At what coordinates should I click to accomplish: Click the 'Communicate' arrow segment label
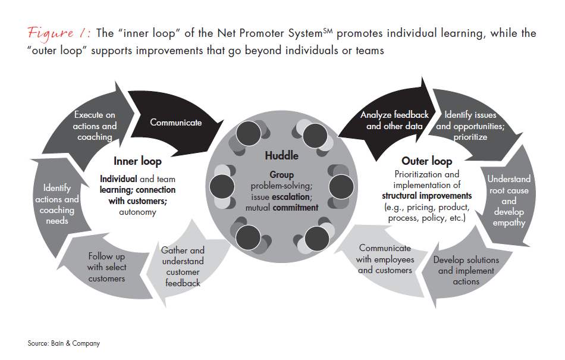coord(175,123)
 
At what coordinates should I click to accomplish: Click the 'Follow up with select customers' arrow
coord(106,267)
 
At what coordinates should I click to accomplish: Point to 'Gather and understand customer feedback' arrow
coord(183,267)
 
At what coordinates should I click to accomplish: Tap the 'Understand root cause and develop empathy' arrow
coord(508,201)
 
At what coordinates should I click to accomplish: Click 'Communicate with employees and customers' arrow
coord(384,259)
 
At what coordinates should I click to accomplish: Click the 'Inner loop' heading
coord(138,161)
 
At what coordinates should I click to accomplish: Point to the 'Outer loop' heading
coord(426,161)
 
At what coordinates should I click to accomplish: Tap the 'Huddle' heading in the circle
coord(282,155)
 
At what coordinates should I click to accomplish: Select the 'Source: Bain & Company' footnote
coord(64,343)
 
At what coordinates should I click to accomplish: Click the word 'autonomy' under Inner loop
coord(137,212)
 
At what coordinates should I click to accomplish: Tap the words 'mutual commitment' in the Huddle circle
coord(282,208)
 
